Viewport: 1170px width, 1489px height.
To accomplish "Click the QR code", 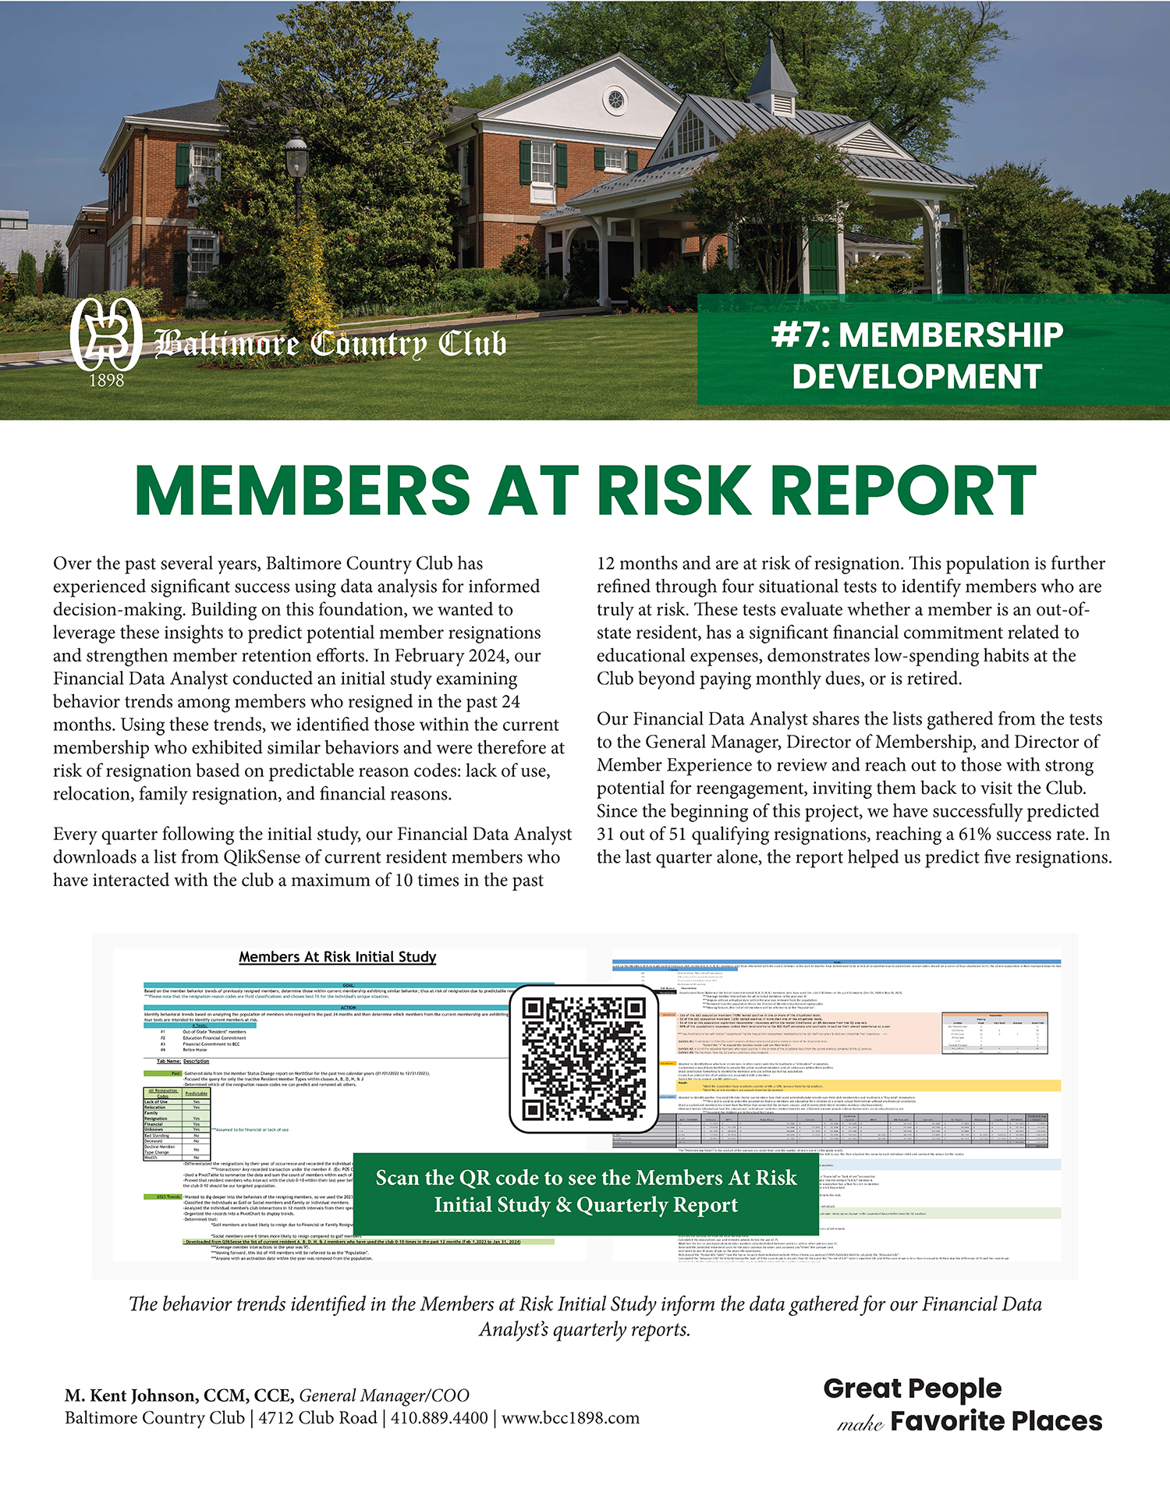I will click(583, 1058).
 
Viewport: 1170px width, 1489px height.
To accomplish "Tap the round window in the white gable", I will click(616, 99).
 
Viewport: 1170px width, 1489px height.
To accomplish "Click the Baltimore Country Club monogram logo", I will click(105, 333).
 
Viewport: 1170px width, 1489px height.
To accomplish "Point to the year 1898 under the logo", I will click(106, 381).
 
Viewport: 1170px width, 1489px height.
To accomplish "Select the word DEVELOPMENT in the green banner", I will click(917, 377).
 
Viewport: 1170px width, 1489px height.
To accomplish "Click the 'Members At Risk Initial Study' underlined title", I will click(337, 956).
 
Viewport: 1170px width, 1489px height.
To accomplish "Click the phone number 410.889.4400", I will click(439, 1417).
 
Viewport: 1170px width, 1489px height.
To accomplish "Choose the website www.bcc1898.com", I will click(570, 1417).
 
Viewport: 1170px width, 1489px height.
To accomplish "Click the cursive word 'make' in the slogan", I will click(860, 1424).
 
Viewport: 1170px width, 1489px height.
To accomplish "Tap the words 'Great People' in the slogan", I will click(912, 1388).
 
